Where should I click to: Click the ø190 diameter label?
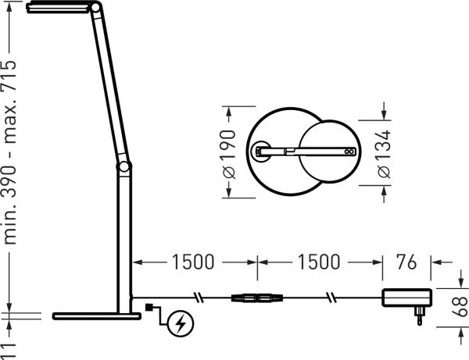pyautogui.click(x=229, y=153)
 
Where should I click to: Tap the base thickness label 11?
pyautogui.click(x=12, y=347)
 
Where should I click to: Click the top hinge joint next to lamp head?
pyautogui.click(x=95, y=9)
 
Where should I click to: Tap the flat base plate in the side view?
pyautogui.click(x=93, y=316)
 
